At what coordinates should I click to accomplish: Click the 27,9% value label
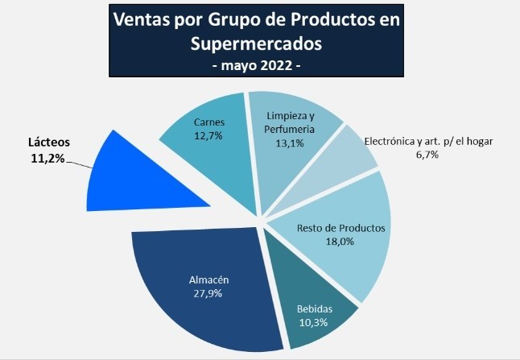tap(208, 293)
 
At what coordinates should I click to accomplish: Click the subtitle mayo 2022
tap(255, 64)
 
